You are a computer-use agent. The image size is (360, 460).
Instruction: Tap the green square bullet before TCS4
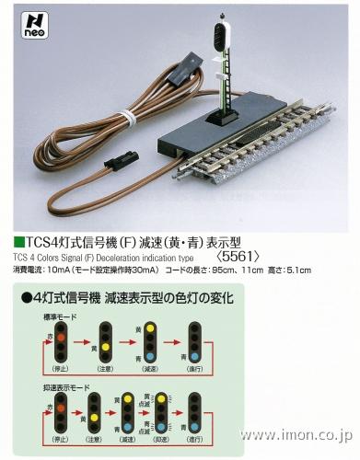[22, 243]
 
